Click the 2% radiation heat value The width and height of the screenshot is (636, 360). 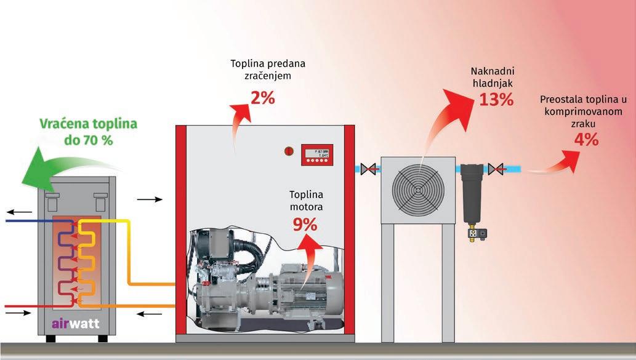coord(262,97)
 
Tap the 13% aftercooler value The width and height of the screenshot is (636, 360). coord(496,100)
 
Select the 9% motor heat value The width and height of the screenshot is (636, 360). coord(305,225)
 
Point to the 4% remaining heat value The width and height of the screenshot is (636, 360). coord(586,140)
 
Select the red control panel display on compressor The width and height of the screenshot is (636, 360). coord(317,154)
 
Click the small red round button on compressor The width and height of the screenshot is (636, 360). coord(287,150)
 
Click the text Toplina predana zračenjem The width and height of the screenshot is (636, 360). coord(268,69)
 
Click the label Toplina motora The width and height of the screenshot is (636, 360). coord(306,201)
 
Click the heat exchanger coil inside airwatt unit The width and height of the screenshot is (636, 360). coord(77,262)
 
